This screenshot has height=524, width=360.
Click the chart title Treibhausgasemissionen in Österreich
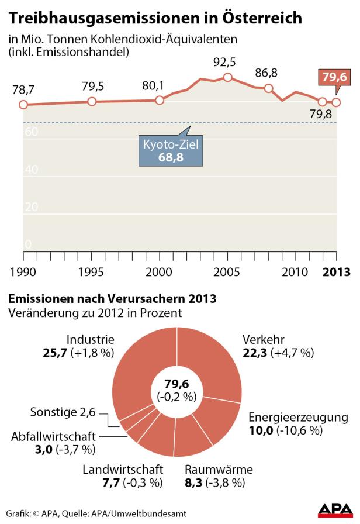pos(155,18)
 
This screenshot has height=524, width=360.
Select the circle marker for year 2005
pos(228,78)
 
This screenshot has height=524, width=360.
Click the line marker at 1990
pos(23,105)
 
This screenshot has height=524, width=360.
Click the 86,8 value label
pos(266,73)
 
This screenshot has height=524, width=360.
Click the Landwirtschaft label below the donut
pos(122,470)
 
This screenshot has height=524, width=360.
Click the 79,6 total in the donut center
pos(176,384)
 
